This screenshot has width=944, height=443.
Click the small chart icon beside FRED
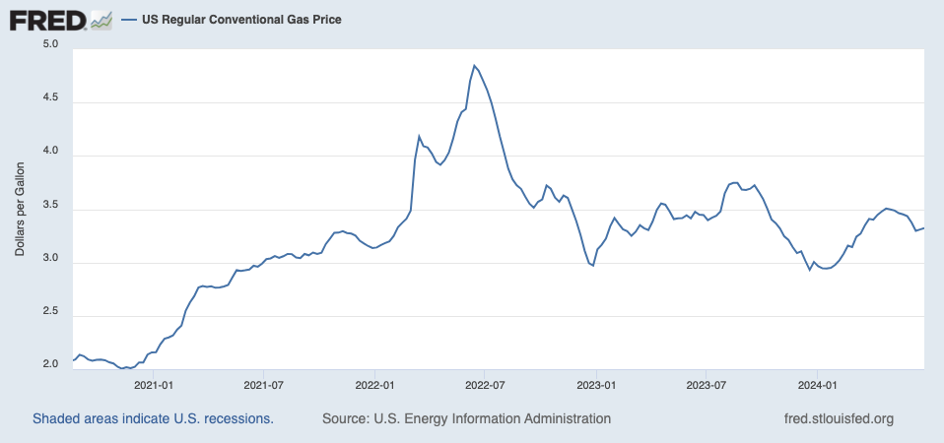click(101, 19)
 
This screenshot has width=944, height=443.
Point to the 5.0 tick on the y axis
click(51, 45)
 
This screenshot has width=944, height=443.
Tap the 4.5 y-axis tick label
click(51, 99)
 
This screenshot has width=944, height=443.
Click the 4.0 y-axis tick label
click(51, 154)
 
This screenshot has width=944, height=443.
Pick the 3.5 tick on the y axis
click(51, 207)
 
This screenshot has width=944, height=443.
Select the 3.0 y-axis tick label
click(51, 261)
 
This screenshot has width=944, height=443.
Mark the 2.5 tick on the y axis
click(51, 313)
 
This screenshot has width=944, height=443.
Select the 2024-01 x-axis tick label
click(817, 385)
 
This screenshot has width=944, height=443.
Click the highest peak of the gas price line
click(474, 66)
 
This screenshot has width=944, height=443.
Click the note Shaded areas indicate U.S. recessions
click(153, 418)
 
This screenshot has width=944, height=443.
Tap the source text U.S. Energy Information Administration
click(466, 418)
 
